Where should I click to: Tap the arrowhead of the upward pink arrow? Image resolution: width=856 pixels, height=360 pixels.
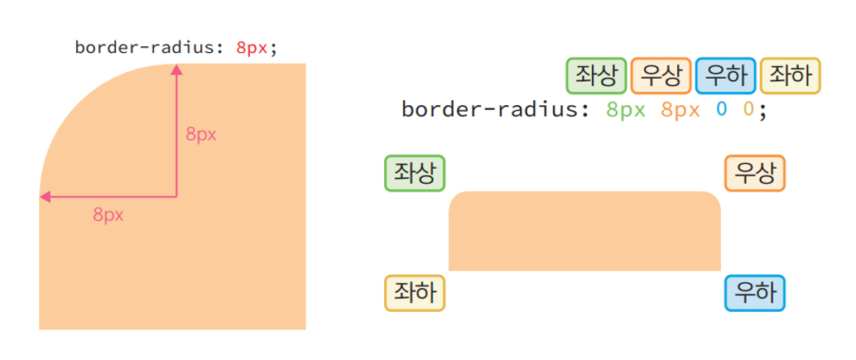[x=176, y=71]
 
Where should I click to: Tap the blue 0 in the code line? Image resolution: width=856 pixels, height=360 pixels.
[x=722, y=109]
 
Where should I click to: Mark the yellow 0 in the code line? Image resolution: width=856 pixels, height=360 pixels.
[x=748, y=109]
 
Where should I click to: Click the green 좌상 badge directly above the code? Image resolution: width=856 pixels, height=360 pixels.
[x=596, y=76]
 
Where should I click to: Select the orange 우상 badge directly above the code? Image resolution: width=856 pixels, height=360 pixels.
[x=661, y=76]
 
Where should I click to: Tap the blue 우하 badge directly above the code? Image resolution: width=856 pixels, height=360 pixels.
[x=725, y=76]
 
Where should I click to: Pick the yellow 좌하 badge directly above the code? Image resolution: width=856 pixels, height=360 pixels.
[x=790, y=76]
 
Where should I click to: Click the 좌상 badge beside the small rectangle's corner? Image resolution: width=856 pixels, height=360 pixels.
[x=415, y=174]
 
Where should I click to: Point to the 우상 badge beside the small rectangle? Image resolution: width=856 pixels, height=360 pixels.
[x=755, y=174]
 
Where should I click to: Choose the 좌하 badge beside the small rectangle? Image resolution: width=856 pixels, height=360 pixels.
[x=415, y=293]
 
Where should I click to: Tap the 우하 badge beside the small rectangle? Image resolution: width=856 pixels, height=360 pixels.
[x=755, y=293]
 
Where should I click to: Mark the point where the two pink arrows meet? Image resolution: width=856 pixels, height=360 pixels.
[x=176, y=197]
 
